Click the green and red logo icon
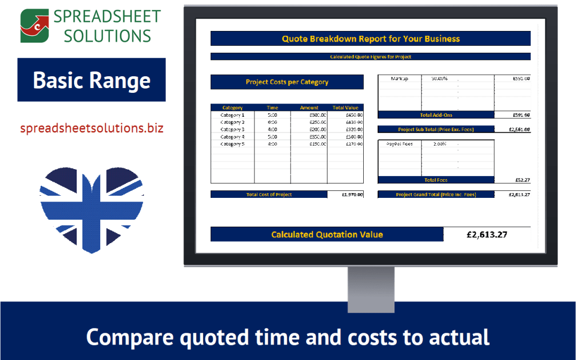[34, 26]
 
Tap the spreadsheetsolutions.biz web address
[92, 129]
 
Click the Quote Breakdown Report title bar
[370, 38]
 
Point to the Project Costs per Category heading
[287, 82]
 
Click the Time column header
[273, 108]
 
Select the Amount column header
[309, 108]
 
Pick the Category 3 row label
[233, 129]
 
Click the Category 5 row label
[233, 143]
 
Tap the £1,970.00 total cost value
[352, 195]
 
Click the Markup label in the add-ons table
[399, 78]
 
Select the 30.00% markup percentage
[439, 78]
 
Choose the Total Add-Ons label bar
[436, 115]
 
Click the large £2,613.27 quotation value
[486, 234]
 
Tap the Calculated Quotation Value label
[327, 234]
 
